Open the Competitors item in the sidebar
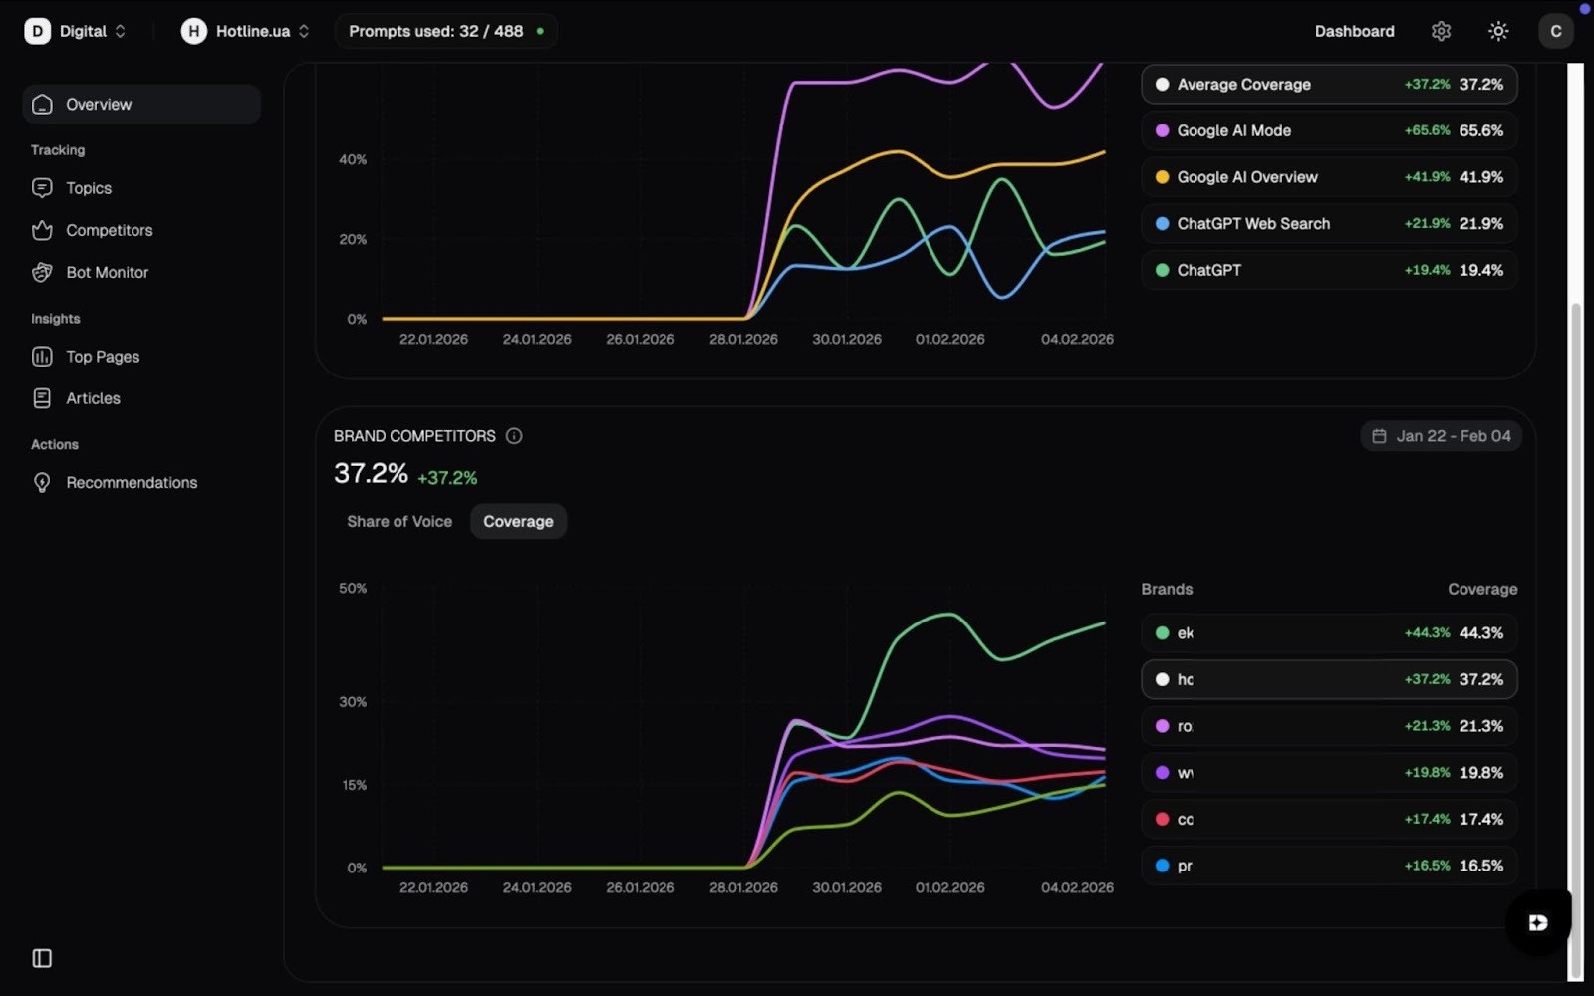pyautogui.click(x=109, y=230)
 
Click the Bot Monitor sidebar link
pyautogui.click(x=107, y=272)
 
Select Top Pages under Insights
pyautogui.click(x=102, y=357)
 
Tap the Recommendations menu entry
pyautogui.click(x=131, y=482)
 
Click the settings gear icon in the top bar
pyautogui.click(x=1441, y=31)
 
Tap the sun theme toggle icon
pyautogui.click(x=1498, y=31)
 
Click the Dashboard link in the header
pyautogui.click(x=1354, y=31)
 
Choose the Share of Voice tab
pyautogui.click(x=398, y=521)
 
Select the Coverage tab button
pyautogui.click(x=518, y=521)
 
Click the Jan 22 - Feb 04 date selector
pyautogui.click(x=1441, y=436)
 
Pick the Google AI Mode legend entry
pyautogui.click(x=1233, y=130)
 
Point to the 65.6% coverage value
pyautogui.click(x=1480, y=130)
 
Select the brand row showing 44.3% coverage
pyautogui.click(x=1328, y=633)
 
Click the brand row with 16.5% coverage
pyautogui.click(x=1328, y=866)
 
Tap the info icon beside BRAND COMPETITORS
pyautogui.click(x=514, y=436)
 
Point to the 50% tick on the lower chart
pyautogui.click(x=353, y=589)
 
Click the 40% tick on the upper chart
pyautogui.click(x=353, y=159)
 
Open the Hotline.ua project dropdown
pyautogui.click(x=245, y=31)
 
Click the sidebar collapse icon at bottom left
pyautogui.click(x=42, y=958)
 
